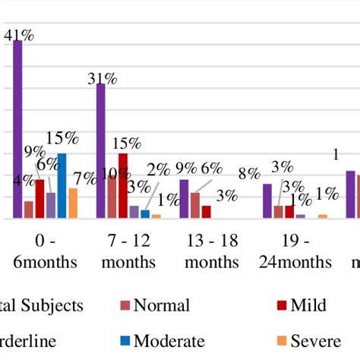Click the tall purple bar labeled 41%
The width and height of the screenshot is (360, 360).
click(17, 129)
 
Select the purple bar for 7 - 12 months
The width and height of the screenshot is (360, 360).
click(100, 151)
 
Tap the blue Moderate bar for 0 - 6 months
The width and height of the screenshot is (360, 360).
click(62, 186)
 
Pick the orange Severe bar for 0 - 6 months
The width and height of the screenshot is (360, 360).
click(73, 203)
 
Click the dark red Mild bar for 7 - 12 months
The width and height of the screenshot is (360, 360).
click(123, 186)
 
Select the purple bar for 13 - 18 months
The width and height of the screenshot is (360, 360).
click(184, 199)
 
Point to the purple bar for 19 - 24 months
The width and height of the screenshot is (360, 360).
click(267, 201)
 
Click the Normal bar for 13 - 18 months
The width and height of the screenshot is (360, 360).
click(195, 205)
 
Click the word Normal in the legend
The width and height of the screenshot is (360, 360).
click(162, 305)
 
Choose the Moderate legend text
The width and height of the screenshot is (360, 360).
click(169, 341)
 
